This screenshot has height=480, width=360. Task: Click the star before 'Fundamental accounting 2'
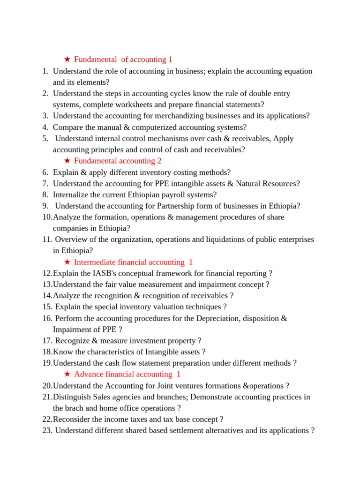tap(67, 161)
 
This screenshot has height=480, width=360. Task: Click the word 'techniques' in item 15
tap(203, 307)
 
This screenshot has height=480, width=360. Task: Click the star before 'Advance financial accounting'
tap(67, 374)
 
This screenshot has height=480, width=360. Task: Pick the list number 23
tap(47, 430)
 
